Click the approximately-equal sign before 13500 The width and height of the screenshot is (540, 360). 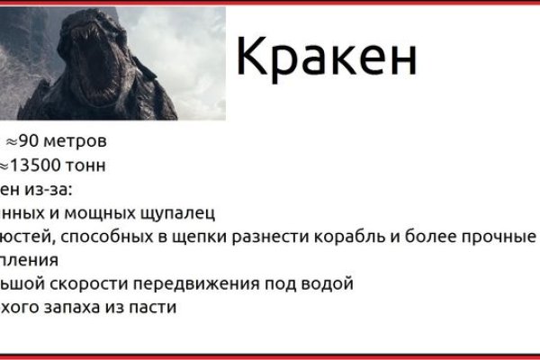tap(5, 166)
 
